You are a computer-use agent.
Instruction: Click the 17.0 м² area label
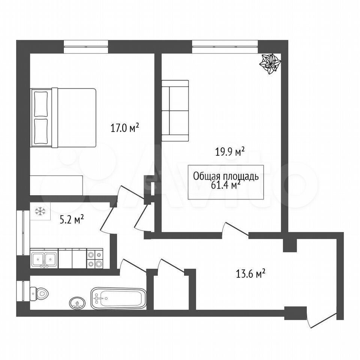125,127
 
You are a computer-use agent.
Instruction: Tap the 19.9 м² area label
229,151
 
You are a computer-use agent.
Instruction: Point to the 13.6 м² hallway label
251,274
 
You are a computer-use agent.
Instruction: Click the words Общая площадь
226,176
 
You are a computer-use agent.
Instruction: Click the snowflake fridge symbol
40,211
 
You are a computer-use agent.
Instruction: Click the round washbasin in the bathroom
77,303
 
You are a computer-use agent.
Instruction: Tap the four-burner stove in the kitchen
95,258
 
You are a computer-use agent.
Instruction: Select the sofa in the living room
175,110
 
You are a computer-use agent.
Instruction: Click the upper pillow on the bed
41,104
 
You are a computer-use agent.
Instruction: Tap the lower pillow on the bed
41,131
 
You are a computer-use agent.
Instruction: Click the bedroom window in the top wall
85,46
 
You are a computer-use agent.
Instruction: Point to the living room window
225,46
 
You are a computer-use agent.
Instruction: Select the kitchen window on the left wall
23,233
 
